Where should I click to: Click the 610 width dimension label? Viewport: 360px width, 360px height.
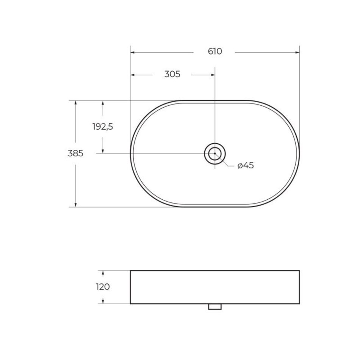[x=215, y=52]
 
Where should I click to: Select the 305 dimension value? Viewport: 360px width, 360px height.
[x=172, y=74]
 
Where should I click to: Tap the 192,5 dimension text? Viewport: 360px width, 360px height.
[x=103, y=127]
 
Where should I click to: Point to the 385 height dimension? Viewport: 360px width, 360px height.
[x=75, y=153]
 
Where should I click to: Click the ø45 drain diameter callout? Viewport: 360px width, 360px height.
[x=246, y=165]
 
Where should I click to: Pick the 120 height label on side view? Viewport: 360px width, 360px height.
[x=103, y=287]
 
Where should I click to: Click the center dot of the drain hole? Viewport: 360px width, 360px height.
[x=215, y=153]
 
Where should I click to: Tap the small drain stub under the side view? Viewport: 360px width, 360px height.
[x=215, y=307]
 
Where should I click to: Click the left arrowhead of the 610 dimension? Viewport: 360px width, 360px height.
[x=133, y=52]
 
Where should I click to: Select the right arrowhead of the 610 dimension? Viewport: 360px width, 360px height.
[x=297, y=52]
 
